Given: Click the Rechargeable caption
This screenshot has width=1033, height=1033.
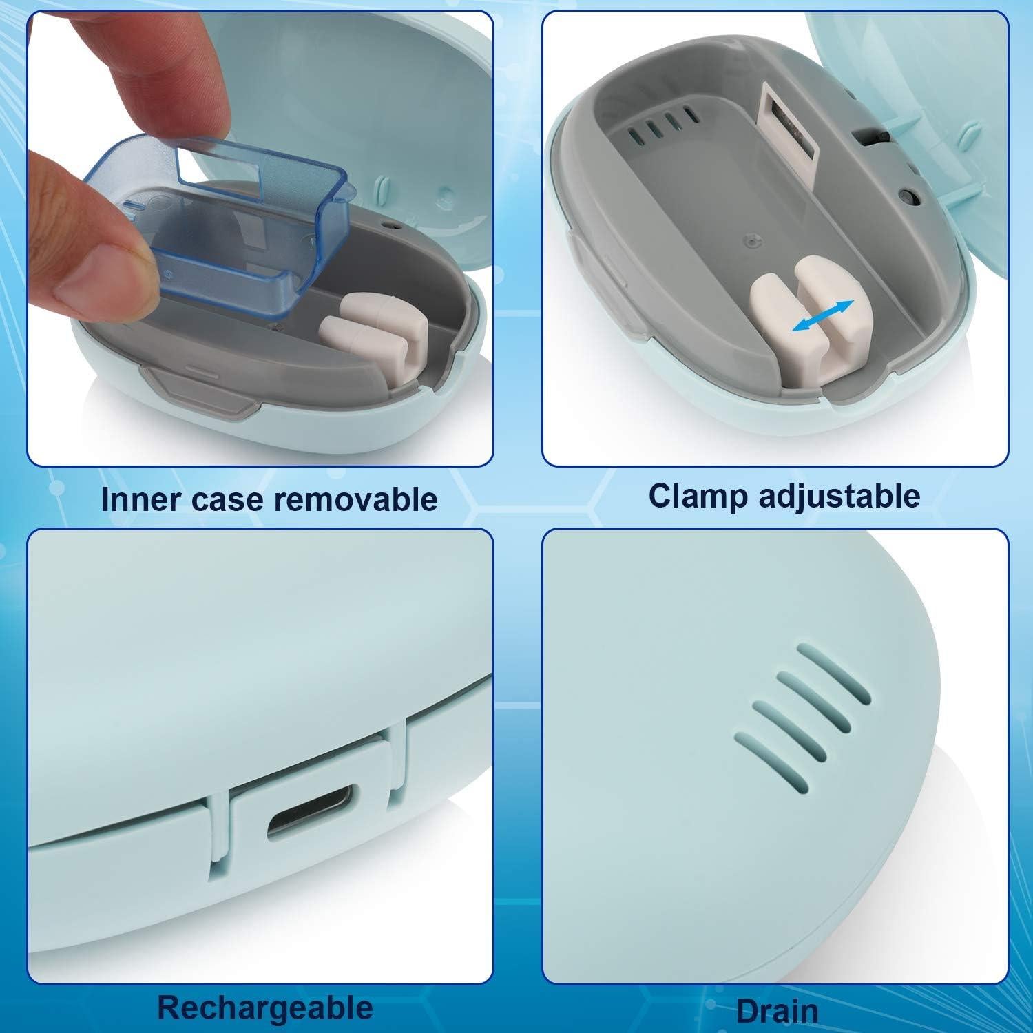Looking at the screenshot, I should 265,1007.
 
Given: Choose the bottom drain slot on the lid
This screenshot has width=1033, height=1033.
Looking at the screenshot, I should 771,760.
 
